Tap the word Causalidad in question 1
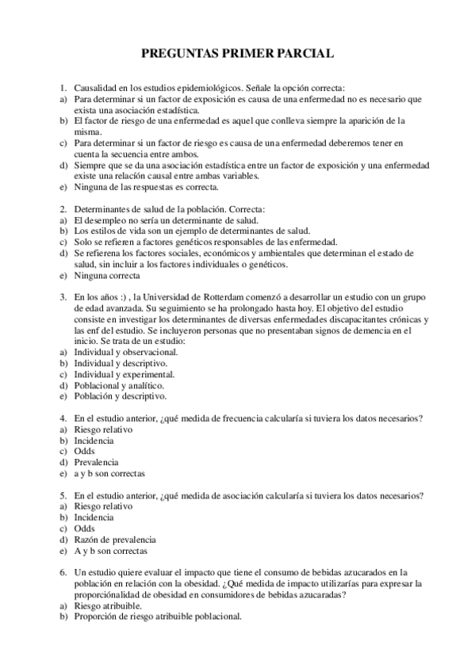pos(96,89)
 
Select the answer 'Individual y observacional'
pos(125,352)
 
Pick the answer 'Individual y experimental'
pos(124,374)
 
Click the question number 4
pos(62,418)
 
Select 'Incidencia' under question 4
pos(94,441)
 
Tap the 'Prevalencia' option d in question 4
pos(96,463)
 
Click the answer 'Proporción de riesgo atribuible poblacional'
pos(157,617)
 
